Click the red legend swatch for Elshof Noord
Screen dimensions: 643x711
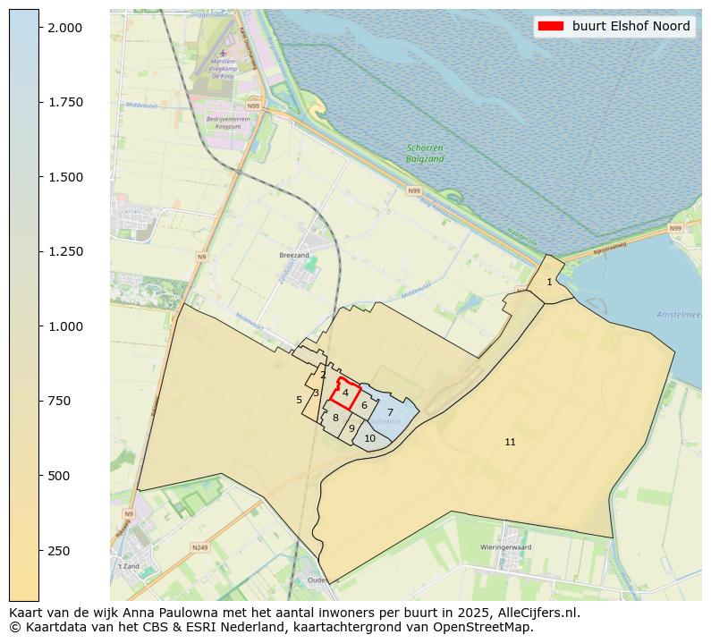(x=550, y=26)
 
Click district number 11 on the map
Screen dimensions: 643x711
(x=510, y=442)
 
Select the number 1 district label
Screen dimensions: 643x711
(x=549, y=283)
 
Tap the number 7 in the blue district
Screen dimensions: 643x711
(x=390, y=412)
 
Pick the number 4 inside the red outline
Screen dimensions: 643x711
(x=345, y=393)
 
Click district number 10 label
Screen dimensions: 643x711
(x=369, y=438)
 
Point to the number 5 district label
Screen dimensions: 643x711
(x=299, y=400)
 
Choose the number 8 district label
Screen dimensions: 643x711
(x=335, y=418)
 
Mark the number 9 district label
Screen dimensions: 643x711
(x=351, y=428)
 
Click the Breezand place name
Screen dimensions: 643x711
(x=293, y=254)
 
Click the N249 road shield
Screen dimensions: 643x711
(x=199, y=547)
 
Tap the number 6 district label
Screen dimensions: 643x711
(x=364, y=405)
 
